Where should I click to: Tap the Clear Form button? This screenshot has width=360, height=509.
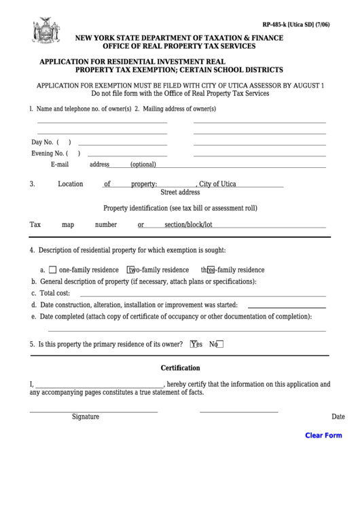323,436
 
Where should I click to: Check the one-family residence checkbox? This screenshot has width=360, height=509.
53,269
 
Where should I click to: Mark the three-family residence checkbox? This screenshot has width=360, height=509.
211,269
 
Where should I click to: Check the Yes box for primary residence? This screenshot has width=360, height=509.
194,344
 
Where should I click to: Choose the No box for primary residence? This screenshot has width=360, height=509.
219,344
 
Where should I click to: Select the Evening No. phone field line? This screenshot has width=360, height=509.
123,156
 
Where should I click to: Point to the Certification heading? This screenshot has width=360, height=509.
180,368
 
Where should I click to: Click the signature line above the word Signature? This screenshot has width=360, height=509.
93,411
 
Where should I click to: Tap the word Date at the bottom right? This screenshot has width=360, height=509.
338,417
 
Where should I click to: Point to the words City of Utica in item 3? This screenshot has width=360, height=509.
217,184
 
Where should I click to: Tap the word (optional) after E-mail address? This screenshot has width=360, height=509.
143,164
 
